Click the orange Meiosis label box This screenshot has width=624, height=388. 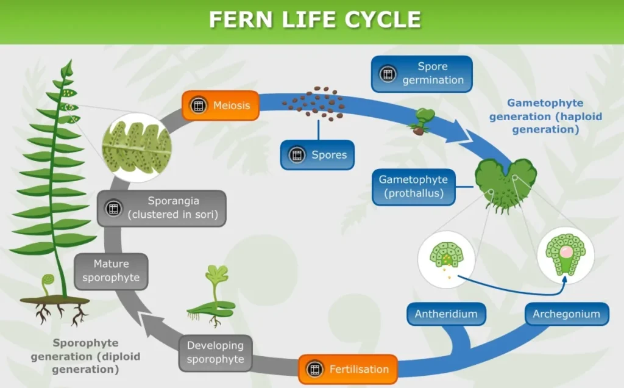221,106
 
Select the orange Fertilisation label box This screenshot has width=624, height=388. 348,369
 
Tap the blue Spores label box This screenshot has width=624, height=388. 317,155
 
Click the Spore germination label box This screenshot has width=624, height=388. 422,74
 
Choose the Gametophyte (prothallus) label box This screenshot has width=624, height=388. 413,187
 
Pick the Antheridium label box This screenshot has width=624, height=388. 446,314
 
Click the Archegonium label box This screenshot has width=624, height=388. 566,314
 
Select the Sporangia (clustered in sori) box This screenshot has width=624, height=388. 162,207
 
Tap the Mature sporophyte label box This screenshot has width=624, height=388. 112,271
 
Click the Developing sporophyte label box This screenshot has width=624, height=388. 215,353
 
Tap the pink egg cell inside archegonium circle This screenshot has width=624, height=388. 565,251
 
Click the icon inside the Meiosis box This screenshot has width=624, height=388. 198,106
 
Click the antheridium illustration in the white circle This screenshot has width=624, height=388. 447,260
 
